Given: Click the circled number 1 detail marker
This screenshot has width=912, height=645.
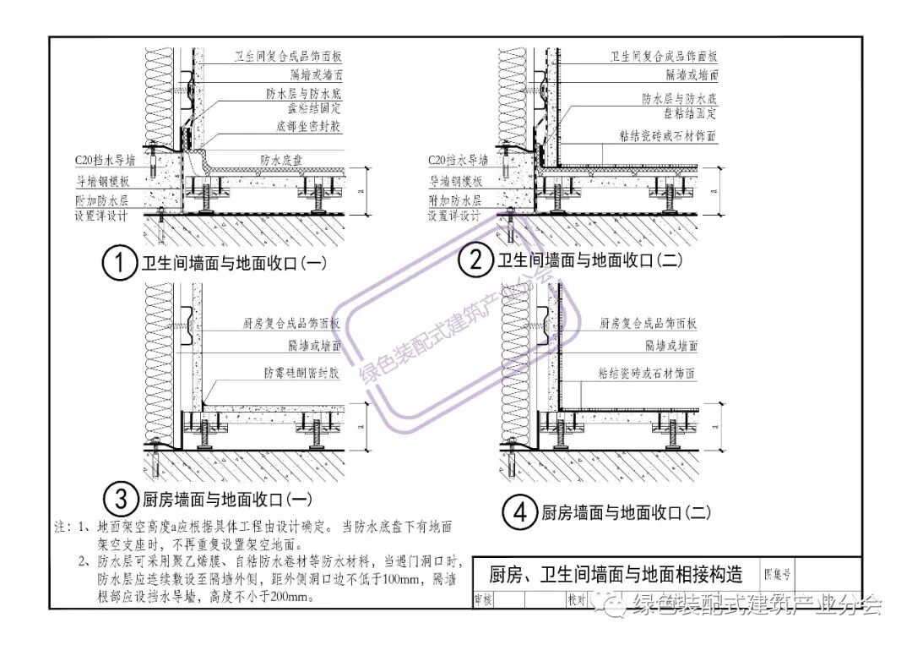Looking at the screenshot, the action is pyautogui.click(x=119, y=263).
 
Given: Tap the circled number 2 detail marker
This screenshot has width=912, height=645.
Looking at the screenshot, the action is pyautogui.click(x=475, y=260).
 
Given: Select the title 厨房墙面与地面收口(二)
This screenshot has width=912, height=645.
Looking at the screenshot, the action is pyautogui.click(x=626, y=512).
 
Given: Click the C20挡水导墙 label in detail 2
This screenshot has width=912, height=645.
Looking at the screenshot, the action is pyautogui.click(x=459, y=159).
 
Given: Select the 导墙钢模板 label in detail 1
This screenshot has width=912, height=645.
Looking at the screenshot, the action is pyautogui.click(x=103, y=180).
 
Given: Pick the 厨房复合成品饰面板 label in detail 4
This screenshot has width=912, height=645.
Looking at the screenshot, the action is pyautogui.click(x=648, y=323).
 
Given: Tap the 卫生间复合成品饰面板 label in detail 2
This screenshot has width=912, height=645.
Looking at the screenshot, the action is pyautogui.click(x=664, y=57).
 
